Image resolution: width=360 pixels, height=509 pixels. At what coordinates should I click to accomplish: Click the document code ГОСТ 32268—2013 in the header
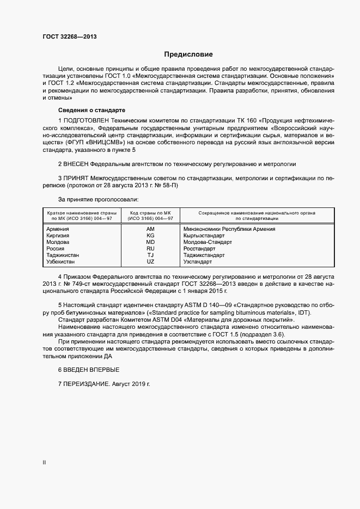coord(70,37)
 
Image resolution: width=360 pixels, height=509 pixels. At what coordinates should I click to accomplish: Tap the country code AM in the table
coord(151,229)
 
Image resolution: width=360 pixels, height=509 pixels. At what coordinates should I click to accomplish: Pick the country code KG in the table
coord(151,236)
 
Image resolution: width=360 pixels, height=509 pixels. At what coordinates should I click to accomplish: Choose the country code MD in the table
coord(151,242)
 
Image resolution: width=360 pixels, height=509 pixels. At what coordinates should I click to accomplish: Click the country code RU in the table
coord(151,249)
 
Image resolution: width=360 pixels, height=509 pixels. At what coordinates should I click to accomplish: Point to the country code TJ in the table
coord(151,255)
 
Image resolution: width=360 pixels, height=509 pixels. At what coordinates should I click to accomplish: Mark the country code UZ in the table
coord(151,262)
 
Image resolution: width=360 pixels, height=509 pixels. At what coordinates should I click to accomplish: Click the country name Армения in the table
coord(58,229)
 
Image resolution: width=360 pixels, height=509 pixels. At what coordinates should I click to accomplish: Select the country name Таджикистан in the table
coord(63,255)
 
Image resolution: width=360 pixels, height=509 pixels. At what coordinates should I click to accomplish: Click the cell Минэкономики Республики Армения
coord(229,229)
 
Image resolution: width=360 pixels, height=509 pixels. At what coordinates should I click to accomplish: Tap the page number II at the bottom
coord(44,462)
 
